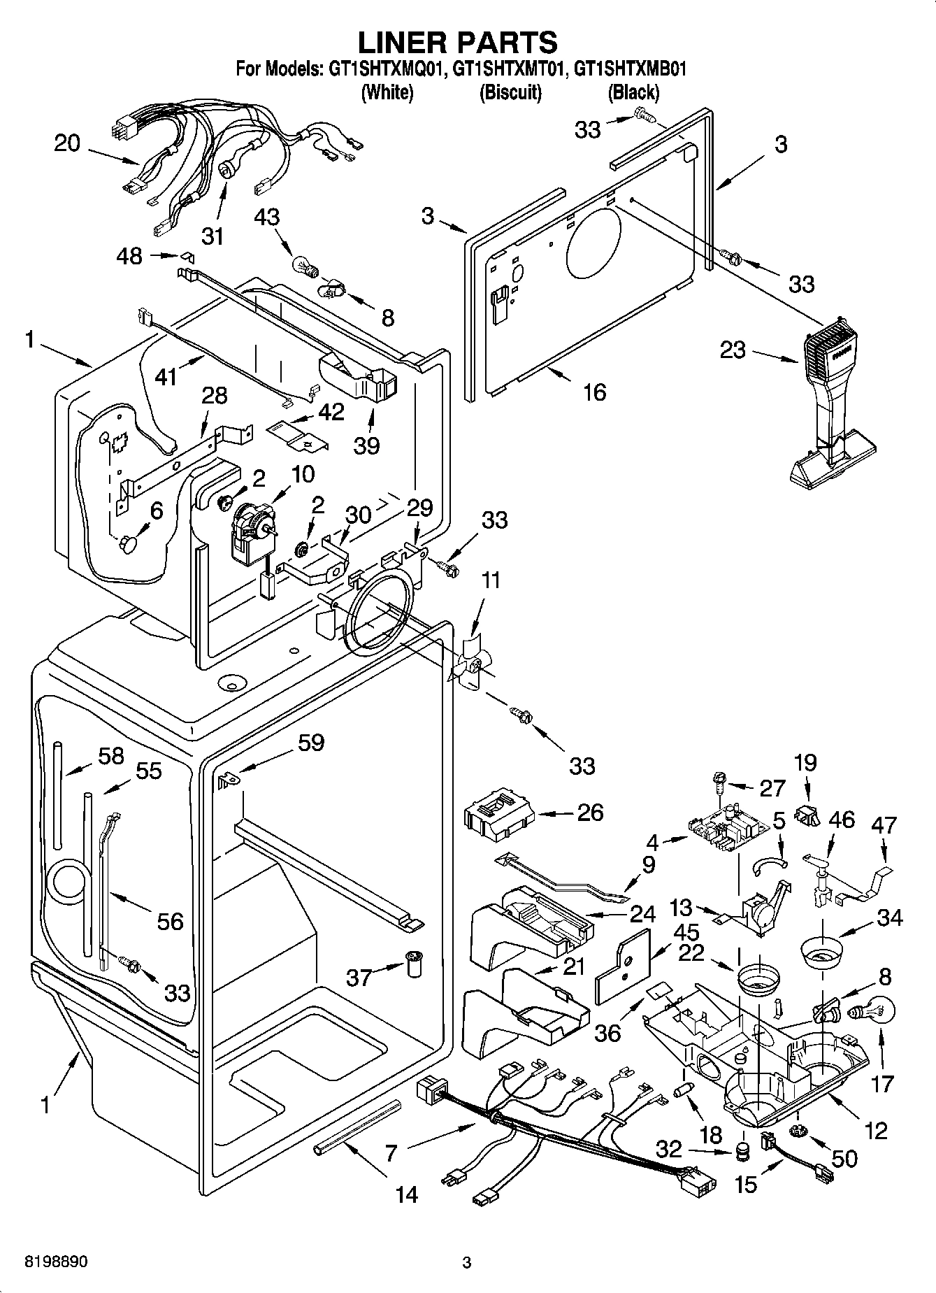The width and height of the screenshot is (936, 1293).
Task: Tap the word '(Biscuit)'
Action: click(x=510, y=92)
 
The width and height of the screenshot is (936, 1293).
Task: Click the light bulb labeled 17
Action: click(x=870, y=1012)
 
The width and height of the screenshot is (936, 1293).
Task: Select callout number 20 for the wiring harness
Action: click(x=68, y=143)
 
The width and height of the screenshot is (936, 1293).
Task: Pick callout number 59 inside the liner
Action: click(x=310, y=742)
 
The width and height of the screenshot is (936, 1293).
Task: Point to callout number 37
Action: click(x=359, y=976)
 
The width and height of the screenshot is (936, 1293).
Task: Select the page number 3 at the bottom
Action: click(x=467, y=1263)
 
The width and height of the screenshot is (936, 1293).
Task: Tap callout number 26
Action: click(x=590, y=813)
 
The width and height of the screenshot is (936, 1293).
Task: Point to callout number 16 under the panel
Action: click(x=594, y=392)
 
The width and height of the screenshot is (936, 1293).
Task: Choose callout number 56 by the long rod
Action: click(x=171, y=921)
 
